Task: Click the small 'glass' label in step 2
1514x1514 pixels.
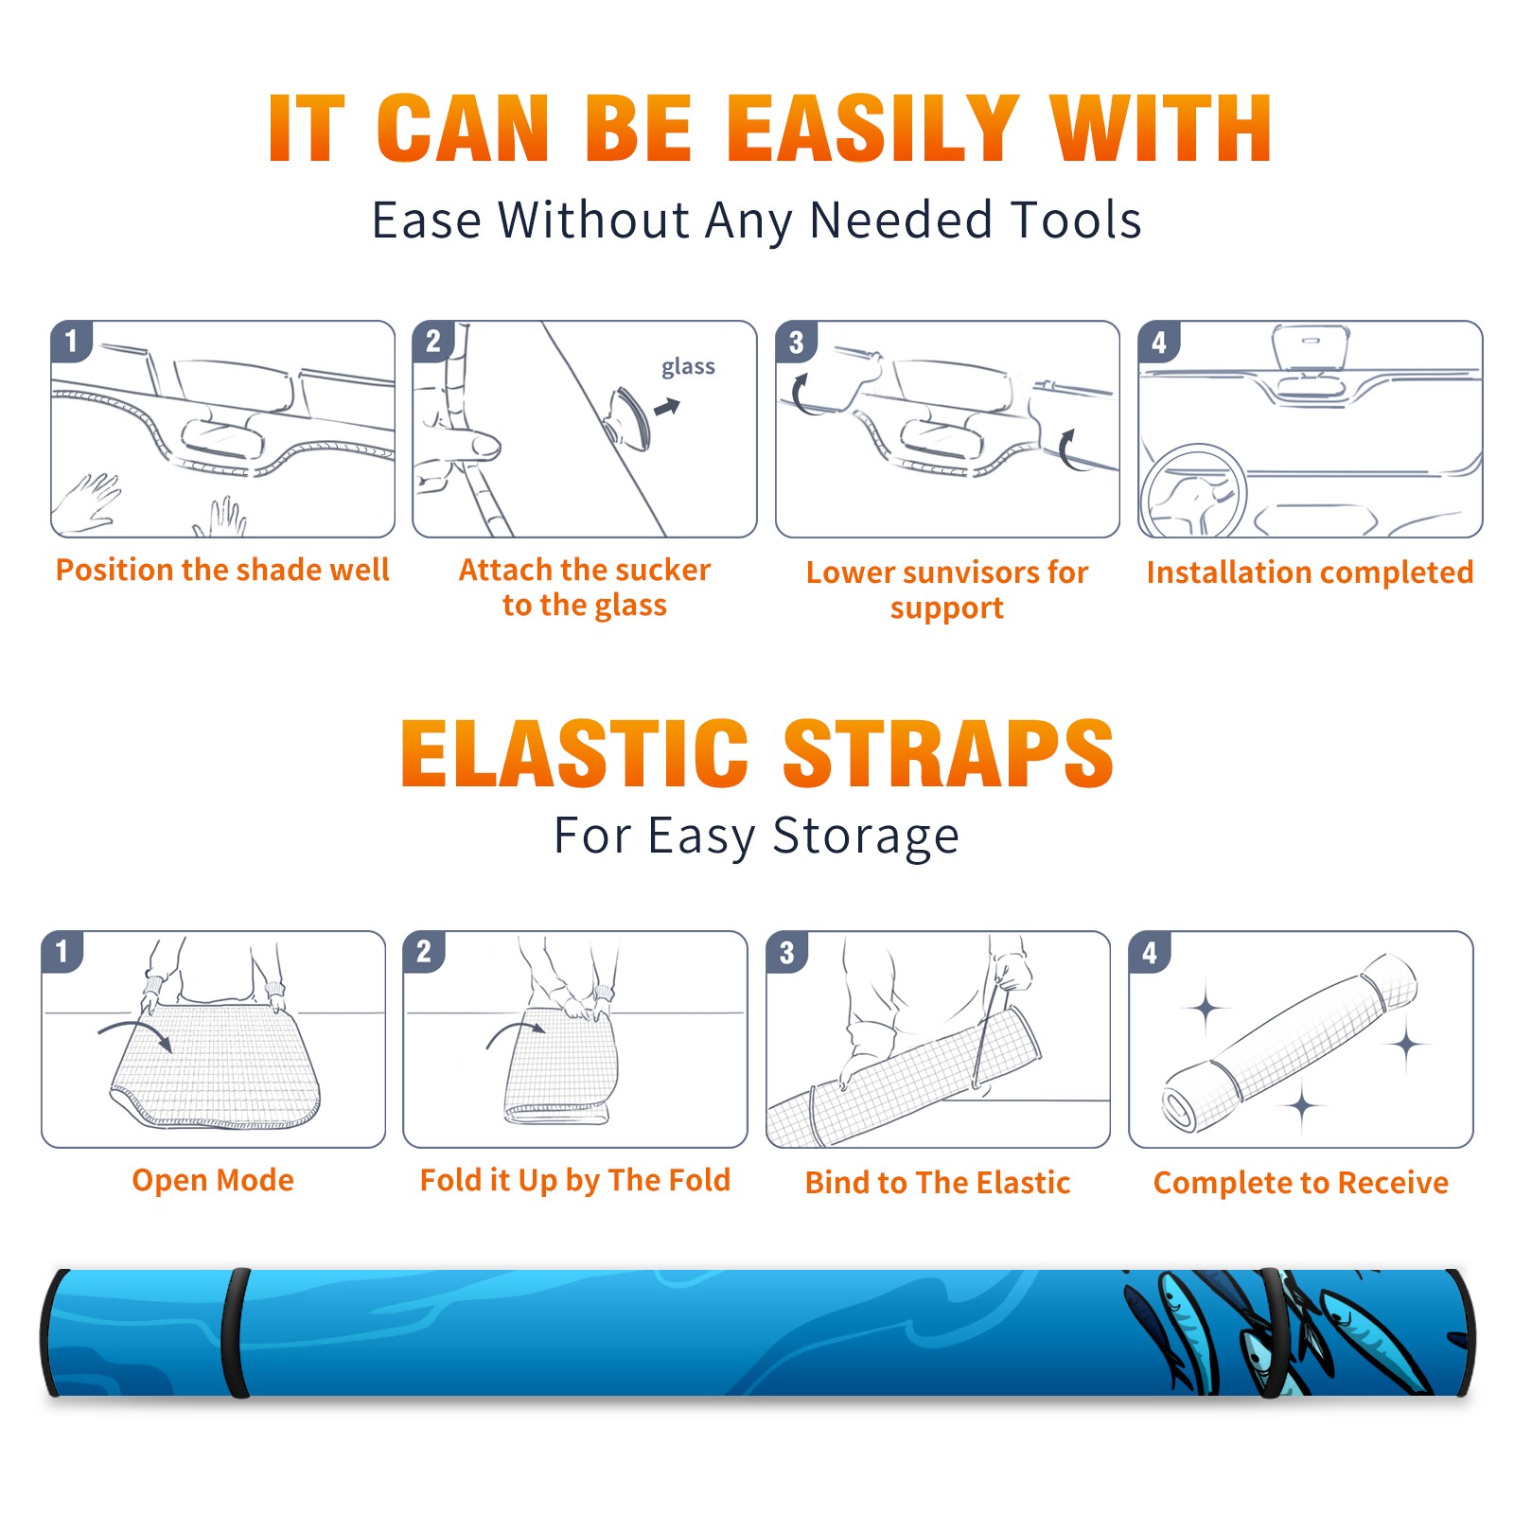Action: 688,367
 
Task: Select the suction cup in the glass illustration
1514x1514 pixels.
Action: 629,416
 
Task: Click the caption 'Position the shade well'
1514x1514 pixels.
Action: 222,570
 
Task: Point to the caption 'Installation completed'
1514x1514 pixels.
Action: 1310,572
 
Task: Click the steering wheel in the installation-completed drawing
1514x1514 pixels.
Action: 1193,492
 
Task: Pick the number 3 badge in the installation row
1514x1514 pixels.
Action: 796,343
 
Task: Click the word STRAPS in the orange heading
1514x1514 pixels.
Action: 948,753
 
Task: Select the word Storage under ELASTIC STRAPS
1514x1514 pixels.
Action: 866,836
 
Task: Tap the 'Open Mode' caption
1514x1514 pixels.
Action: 213,1180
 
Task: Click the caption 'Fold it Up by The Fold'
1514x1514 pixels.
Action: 575,1181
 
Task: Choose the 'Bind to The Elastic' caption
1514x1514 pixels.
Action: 938,1183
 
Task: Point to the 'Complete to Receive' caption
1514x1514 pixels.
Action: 1301,1183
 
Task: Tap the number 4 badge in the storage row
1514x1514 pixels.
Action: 1150,952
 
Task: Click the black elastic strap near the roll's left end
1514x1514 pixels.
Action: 236,1332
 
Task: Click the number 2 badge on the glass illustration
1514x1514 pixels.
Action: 433,342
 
